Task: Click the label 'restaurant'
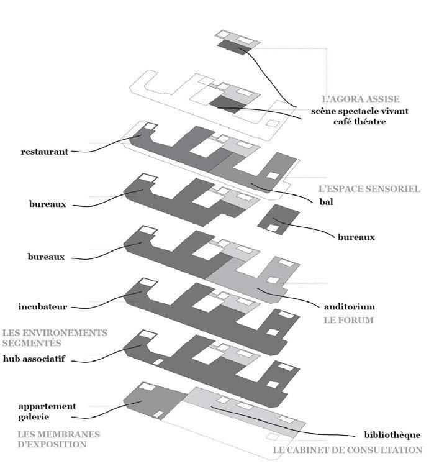coord(44,150)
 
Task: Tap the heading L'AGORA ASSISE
coord(360,99)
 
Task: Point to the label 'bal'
coord(326,202)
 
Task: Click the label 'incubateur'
coord(43,306)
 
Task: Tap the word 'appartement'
coord(47,406)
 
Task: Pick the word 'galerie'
coord(35,418)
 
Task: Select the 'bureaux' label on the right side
coord(358,237)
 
